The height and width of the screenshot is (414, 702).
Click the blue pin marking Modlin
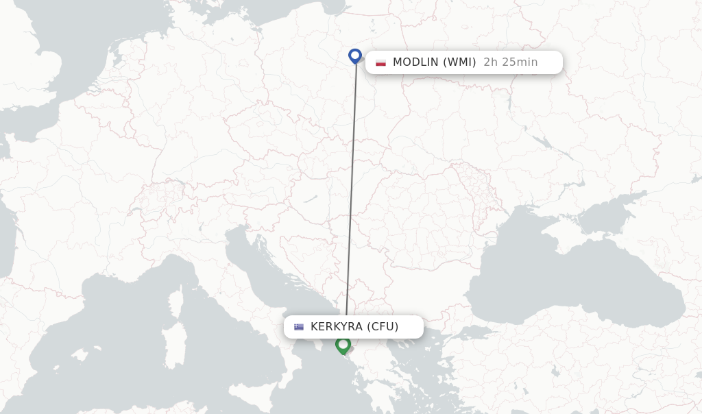tap(355, 56)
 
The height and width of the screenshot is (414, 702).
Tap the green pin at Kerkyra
tap(343, 344)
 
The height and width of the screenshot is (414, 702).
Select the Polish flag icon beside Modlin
tap(380, 62)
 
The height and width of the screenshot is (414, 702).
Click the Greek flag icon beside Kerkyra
tap(299, 327)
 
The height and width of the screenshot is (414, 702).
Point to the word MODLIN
tap(415, 62)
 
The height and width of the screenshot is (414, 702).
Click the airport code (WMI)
tap(459, 62)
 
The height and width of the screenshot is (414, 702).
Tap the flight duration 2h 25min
tap(510, 62)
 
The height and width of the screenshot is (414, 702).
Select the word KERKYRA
tap(336, 327)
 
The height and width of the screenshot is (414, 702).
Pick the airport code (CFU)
tap(383, 327)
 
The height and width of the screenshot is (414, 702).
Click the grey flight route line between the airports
tap(352, 192)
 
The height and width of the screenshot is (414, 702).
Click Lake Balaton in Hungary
tap(311, 200)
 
